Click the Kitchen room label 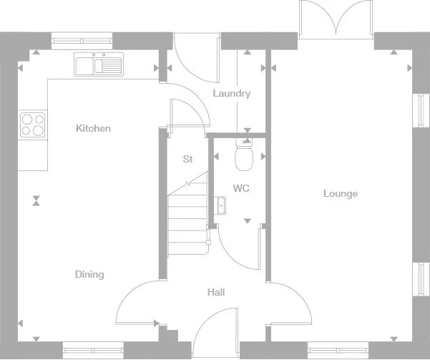pyautogui.click(x=94, y=129)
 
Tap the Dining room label pyautogui.click(x=89, y=275)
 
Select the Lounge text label pyautogui.click(x=340, y=194)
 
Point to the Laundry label pyautogui.click(x=231, y=94)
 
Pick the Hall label pyautogui.click(x=215, y=293)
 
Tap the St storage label pyautogui.click(x=187, y=160)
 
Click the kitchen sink pyautogui.click(x=99, y=65)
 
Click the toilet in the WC pyautogui.click(x=244, y=156)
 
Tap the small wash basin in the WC pyautogui.click(x=221, y=206)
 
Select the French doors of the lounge pyautogui.click(x=336, y=18)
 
